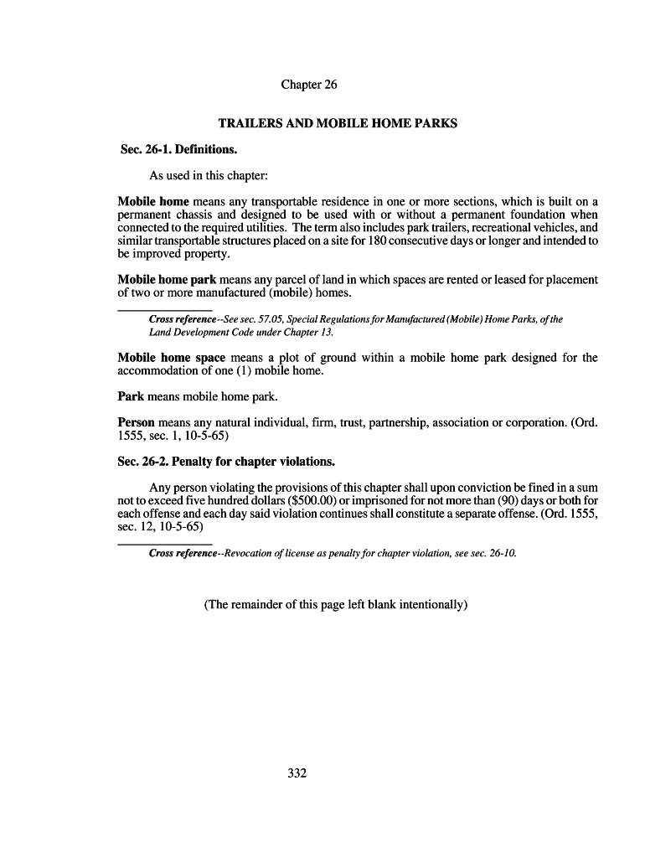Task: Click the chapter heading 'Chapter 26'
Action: pos(308,85)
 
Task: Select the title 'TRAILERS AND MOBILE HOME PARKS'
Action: pos(338,123)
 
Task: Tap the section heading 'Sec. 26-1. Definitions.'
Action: pos(178,150)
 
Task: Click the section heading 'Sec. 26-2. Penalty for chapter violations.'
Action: pos(226,462)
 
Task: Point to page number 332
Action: pos(297,773)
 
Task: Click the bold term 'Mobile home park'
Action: pos(167,279)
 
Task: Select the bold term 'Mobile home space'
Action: pos(172,358)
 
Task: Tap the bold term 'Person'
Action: pos(136,422)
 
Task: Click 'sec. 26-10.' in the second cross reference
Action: pos(492,553)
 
